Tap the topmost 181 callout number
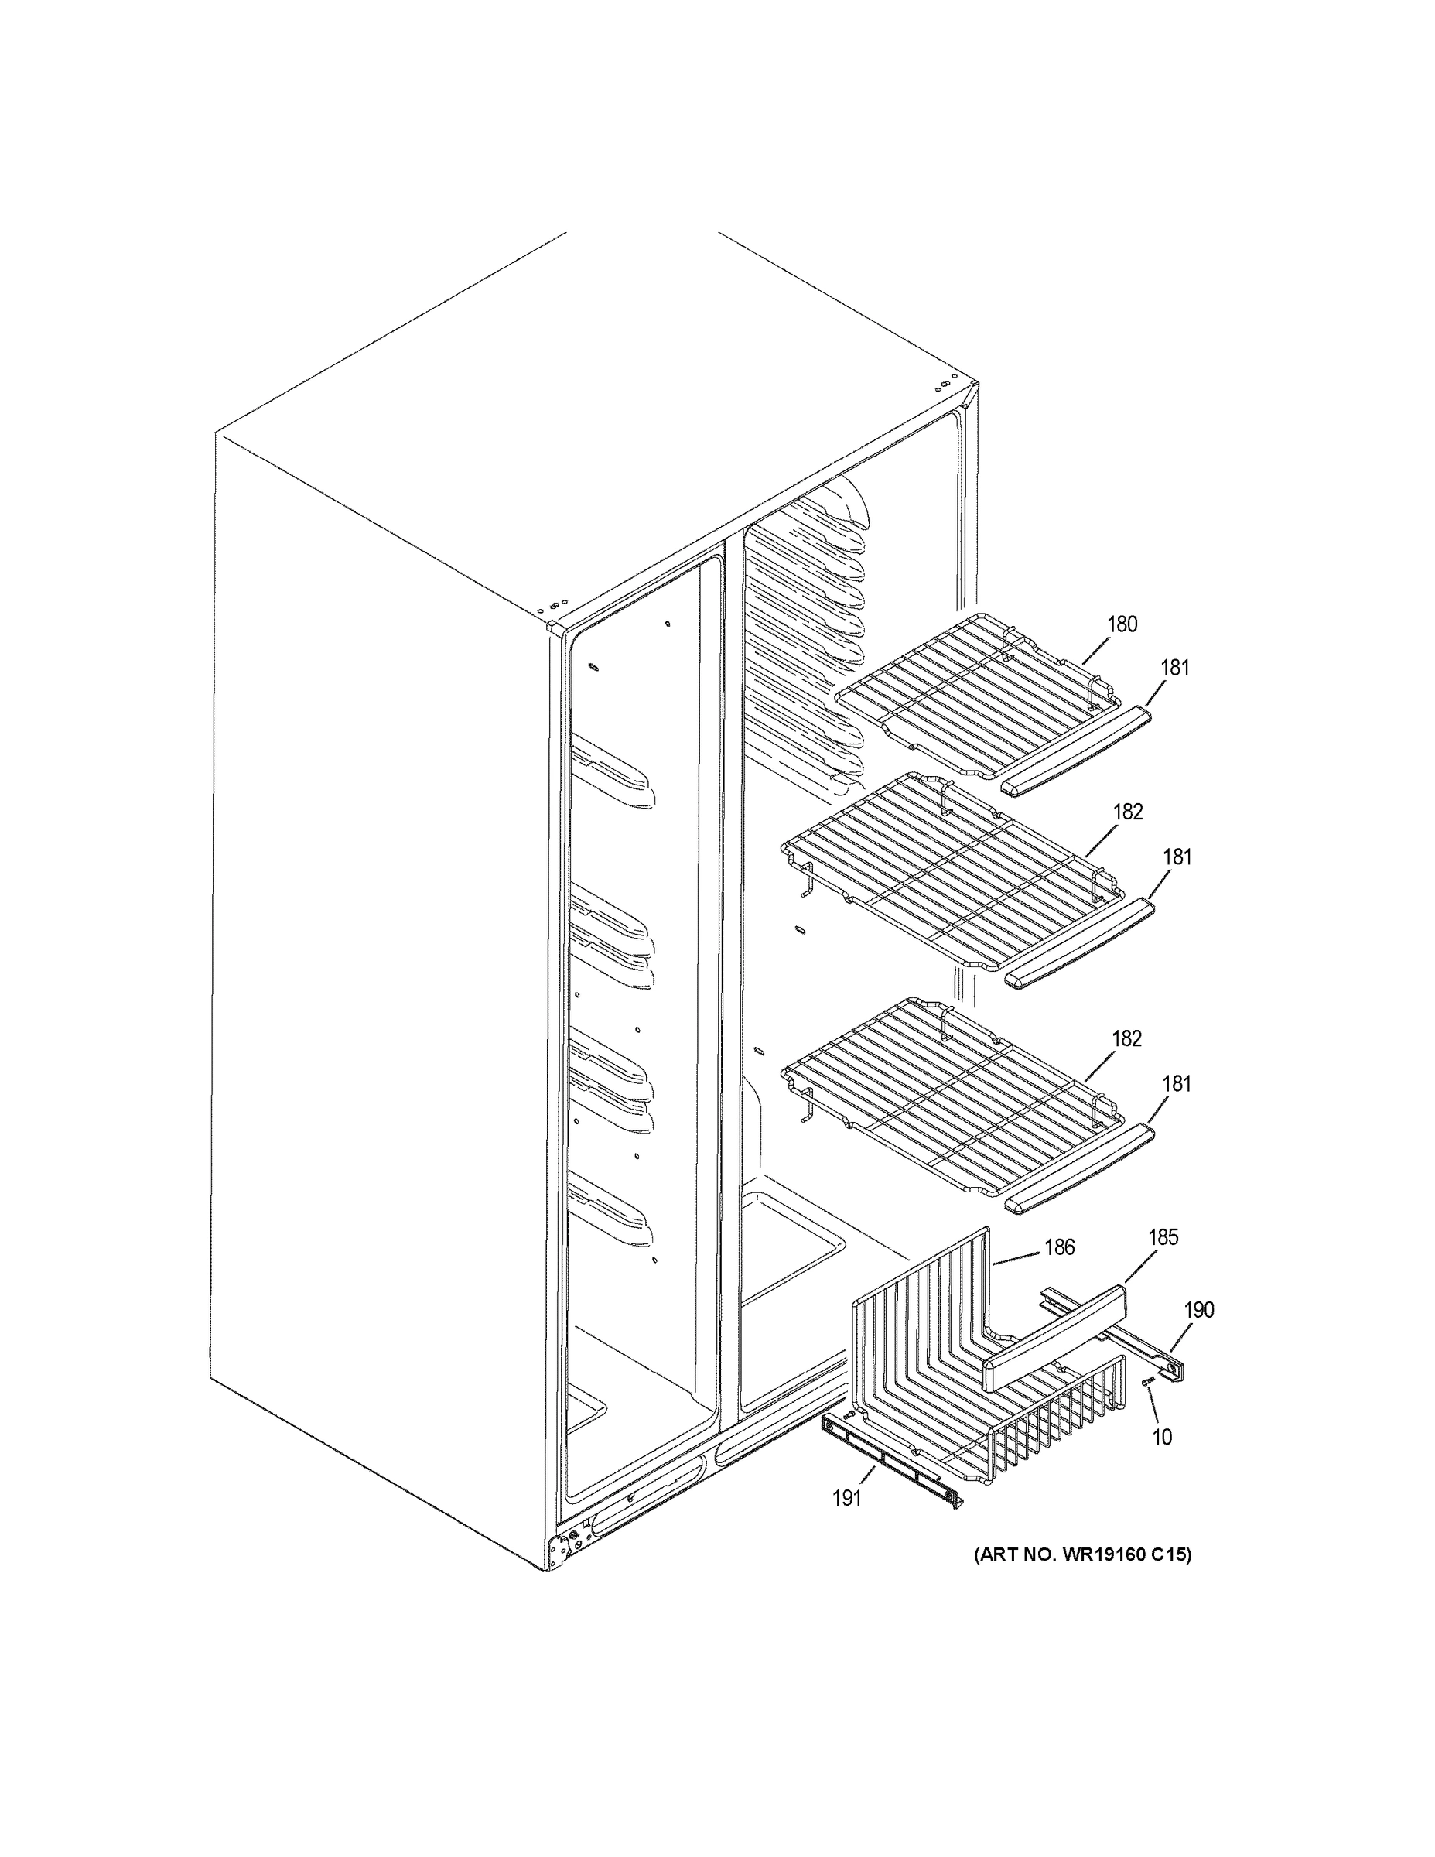click(1175, 668)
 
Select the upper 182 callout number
click(1127, 812)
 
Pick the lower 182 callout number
click(1126, 1038)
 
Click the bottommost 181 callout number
click(1177, 1084)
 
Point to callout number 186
click(1059, 1247)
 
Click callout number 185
click(1163, 1237)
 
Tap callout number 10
click(1161, 1436)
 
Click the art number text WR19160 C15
click(1082, 1554)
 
